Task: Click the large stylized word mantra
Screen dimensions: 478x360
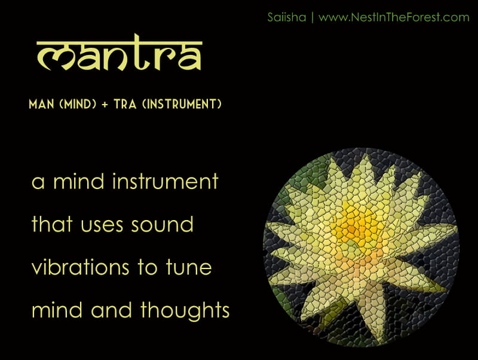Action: (119, 53)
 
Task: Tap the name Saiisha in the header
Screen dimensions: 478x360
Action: (287, 17)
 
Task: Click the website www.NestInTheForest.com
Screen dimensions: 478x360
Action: (394, 17)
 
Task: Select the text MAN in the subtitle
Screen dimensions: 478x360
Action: (41, 104)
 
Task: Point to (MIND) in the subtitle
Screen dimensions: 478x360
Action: (78, 104)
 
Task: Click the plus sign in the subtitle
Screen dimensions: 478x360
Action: (105, 105)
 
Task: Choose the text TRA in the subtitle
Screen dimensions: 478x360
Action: (125, 104)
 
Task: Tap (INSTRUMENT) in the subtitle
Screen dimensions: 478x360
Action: (182, 104)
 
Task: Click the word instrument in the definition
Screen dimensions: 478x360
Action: (166, 182)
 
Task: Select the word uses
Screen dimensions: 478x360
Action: (102, 225)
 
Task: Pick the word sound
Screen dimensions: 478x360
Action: (162, 224)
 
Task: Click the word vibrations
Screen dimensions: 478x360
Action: (81, 267)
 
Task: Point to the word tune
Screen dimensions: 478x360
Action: (189, 267)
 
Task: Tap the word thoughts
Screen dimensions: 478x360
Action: (185, 310)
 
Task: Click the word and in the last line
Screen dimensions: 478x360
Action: (111, 310)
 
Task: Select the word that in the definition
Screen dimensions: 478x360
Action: (52, 224)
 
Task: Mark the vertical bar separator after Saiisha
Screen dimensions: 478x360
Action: (312, 17)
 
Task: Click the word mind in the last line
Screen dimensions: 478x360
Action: (57, 310)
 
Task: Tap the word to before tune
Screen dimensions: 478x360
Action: (147, 267)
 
